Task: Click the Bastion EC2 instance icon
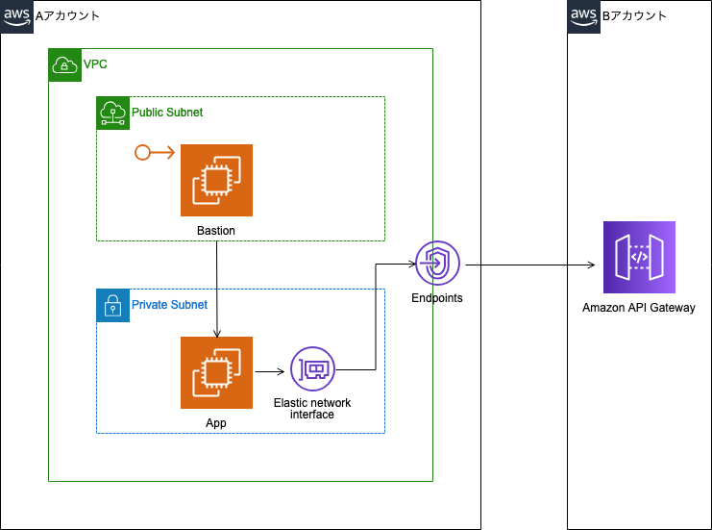pyautogui.click(x=216, y=181)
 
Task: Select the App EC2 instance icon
pyautogui.click(x=216, y=372)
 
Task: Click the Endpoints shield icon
pyautogui.click(x=437, y=264)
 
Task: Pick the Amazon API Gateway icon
pyautogui.click(x=639, y=257)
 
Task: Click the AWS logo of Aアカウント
pyautogui.click(x=16, y=16)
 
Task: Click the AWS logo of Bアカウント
pyautogui.click(x=583, y=16)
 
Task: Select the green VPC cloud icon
pyautogui.click(x=64, y=64)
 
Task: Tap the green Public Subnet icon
pyautogui.click(x=112, y=113)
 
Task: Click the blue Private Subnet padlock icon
pyautogui.click(x=112, y=305)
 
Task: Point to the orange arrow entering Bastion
pyautogui.click(x=154, y=152)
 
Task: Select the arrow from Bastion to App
pyautogui.click(x=217, y=289)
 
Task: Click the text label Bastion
pyautogui.click(x=216, y=231)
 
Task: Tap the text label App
pyautogui.click(x=216, y=421)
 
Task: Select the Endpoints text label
pyautogui.click(x=437, y=298)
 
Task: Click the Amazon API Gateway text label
pyautogui.click(x=639, y=308)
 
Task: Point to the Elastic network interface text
pyautogui.click(x=312, y=409)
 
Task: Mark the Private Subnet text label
pyautogui.click(x=169, y=305)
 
